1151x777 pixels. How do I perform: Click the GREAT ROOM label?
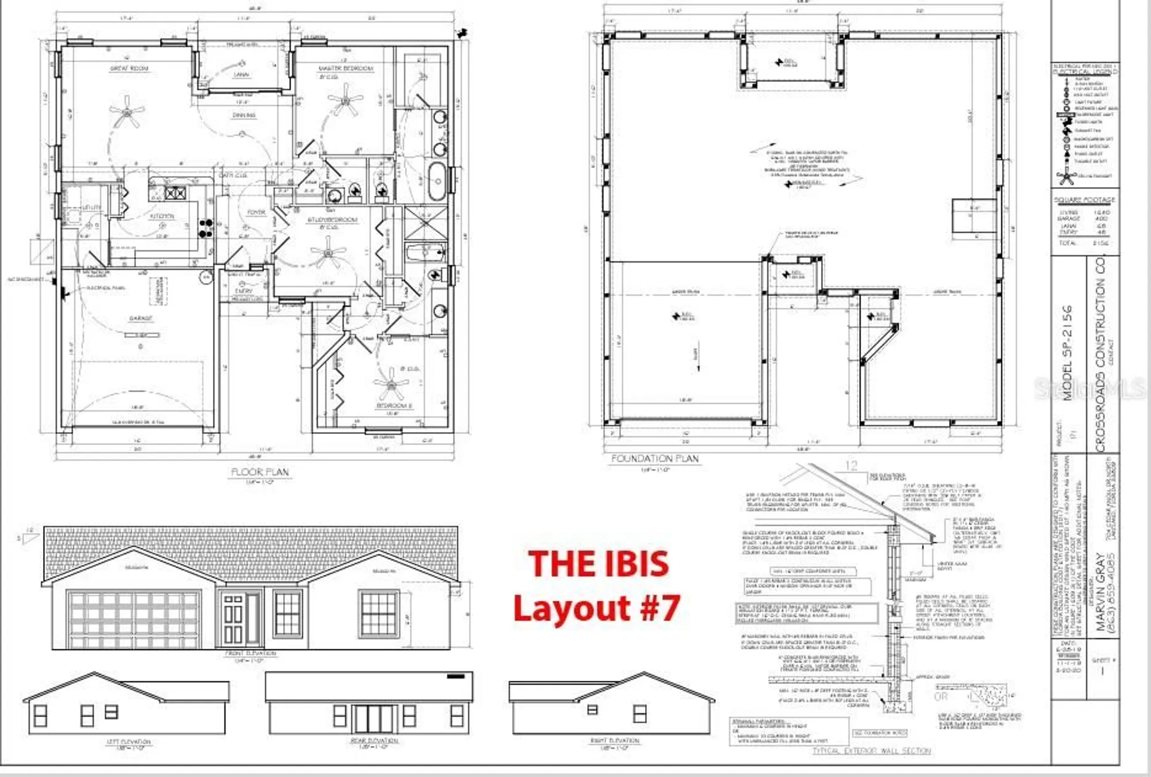[129, 68]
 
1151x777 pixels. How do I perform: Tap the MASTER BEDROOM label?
[346, 68]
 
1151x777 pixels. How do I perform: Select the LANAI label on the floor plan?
[241, 75]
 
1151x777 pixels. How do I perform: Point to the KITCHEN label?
[162, 216]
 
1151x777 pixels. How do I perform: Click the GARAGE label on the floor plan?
[140, 318]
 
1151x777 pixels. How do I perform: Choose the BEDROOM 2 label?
[394, 406]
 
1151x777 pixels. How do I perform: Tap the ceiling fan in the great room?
[125, 112]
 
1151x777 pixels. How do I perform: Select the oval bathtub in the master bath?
[437, 181]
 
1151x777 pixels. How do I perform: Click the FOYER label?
[256, 212]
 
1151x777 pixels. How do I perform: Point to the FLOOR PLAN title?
[260, 473]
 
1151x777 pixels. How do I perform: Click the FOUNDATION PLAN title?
[654, 459]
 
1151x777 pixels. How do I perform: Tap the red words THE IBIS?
[599, 564]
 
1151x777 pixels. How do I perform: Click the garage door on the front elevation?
[134, 619]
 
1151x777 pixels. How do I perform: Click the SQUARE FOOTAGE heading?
[1084, 200]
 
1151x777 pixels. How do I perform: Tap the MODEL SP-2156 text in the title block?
[1068, 352]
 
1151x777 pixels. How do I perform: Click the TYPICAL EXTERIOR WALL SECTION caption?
[871, 751]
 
